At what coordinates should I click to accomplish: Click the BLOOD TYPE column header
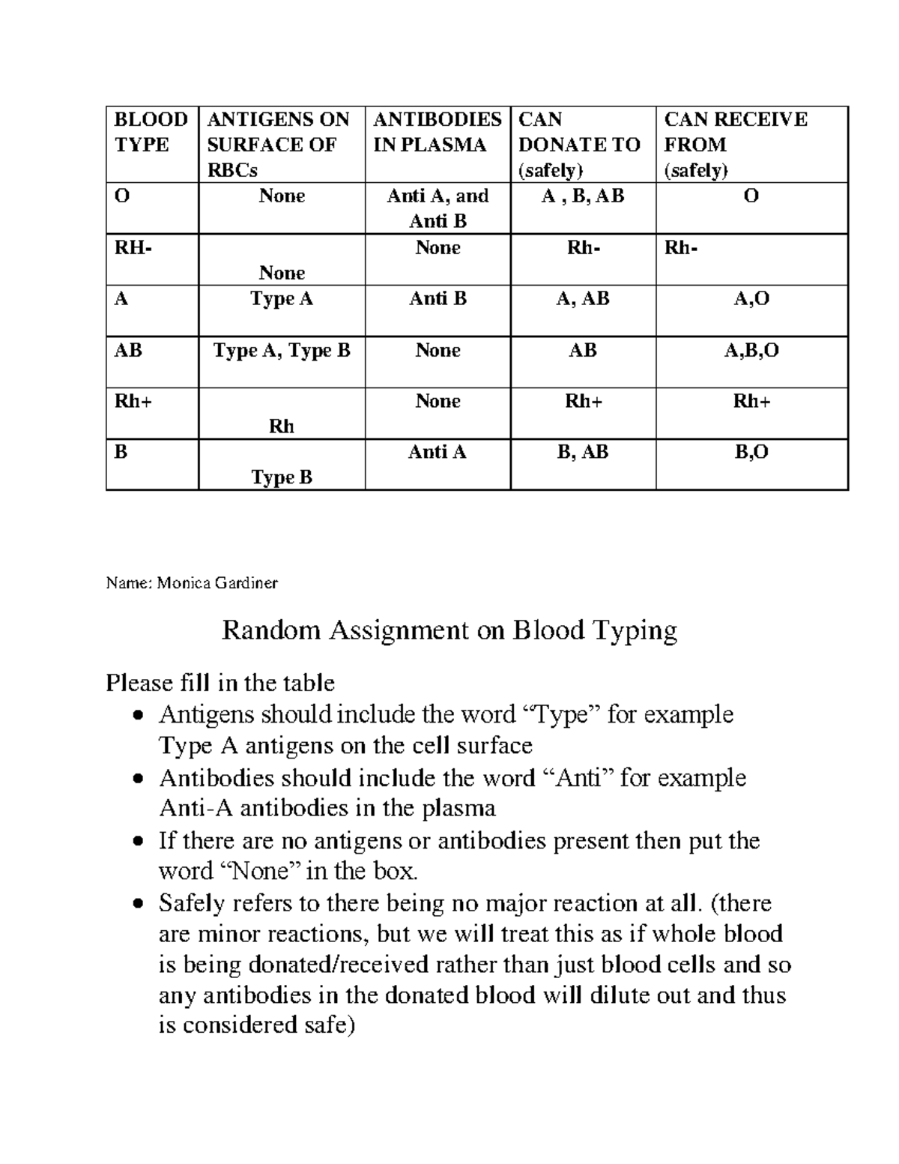pos(151,132)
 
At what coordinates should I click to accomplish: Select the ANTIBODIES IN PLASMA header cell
pos(437,132)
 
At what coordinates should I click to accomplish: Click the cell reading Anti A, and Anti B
pos(438,208)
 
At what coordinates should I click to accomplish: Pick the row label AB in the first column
pos(128,351)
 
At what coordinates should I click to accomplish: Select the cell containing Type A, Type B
pos(282,351)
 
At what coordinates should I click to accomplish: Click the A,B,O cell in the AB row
pos(751,351)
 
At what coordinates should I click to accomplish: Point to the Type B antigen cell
pos(282,477)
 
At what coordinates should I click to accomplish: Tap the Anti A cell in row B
pos(438,452)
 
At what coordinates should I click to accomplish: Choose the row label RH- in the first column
pos(133,248)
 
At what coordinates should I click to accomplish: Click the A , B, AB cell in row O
pos(583,196)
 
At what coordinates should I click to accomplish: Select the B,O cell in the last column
pos(751,452)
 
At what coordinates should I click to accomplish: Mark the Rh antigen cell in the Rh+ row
pos(282,426)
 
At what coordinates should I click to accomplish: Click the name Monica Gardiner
pos(217,582)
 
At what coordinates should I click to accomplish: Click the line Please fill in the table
pos(220,683)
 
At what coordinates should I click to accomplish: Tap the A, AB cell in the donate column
pos(583,299)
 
